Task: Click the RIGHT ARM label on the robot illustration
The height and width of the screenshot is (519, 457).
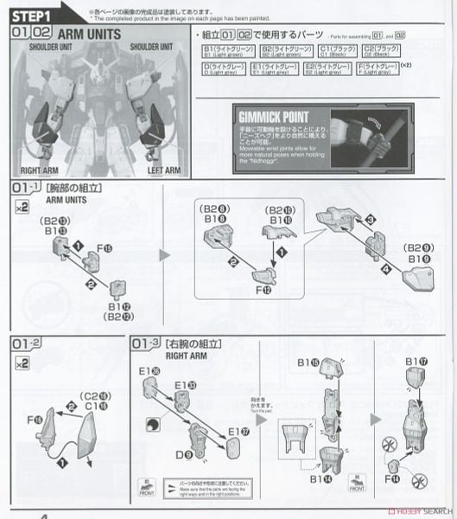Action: coord(38,170)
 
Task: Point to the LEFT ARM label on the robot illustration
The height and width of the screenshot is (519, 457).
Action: coord(163,170)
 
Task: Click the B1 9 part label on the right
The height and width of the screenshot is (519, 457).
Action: coord(416,257)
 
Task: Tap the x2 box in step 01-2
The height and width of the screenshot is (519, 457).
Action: coord(22,364)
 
